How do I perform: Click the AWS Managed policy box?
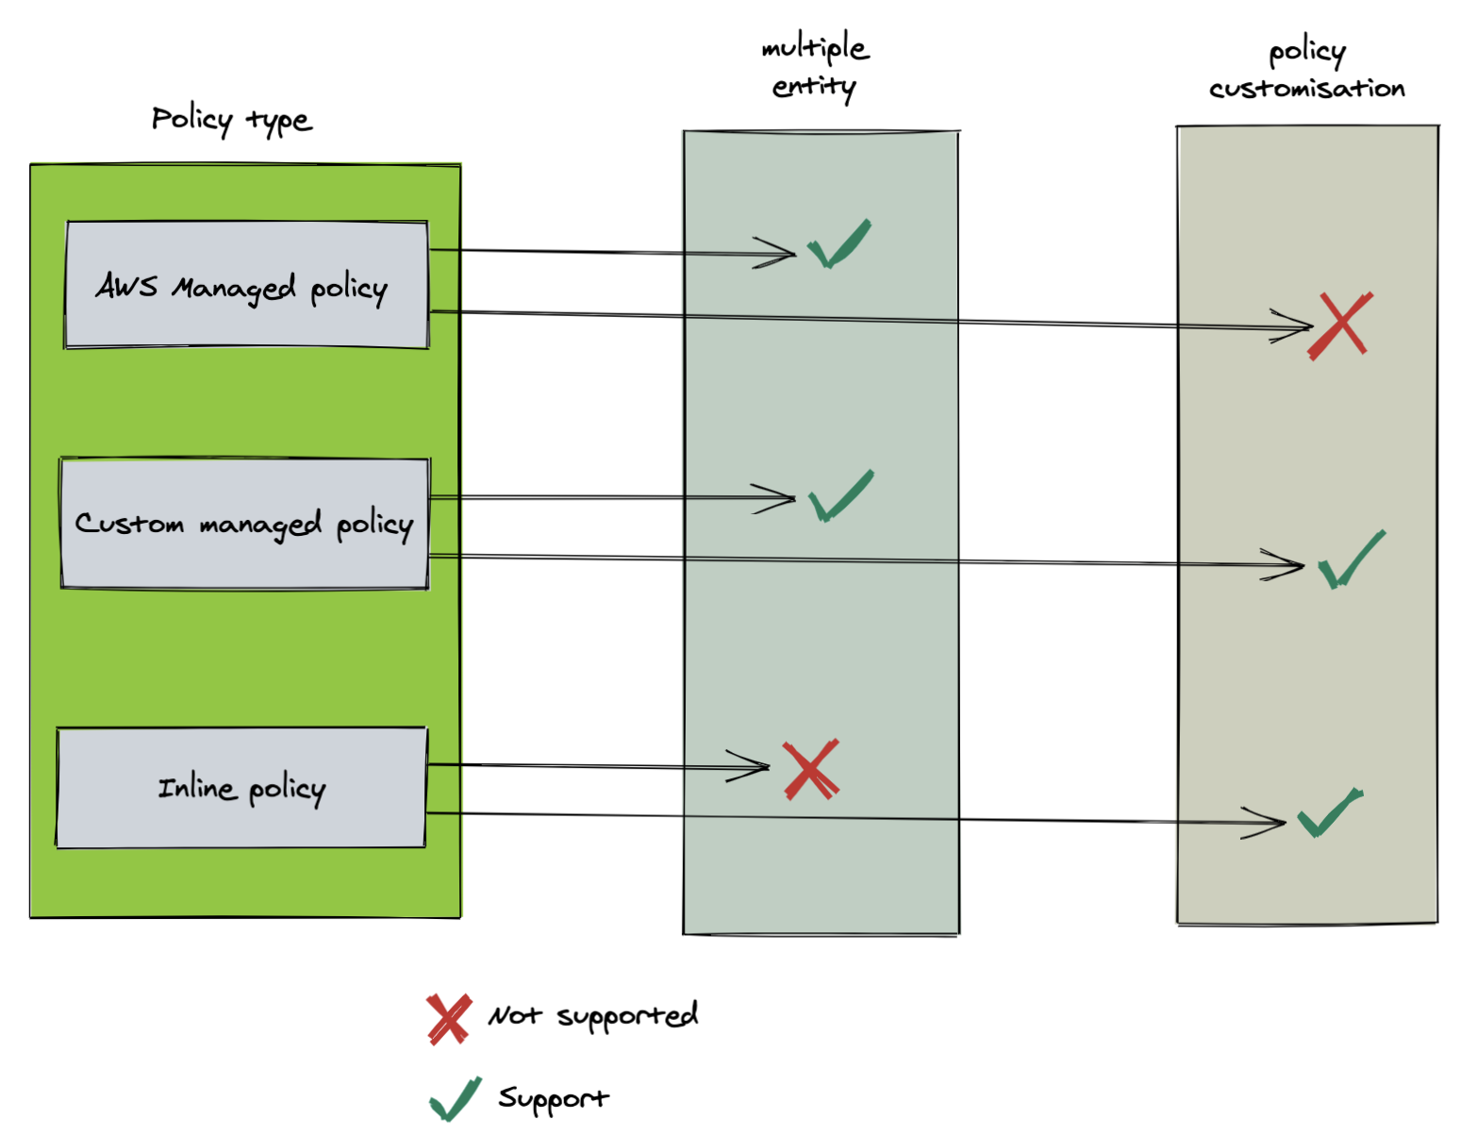point(246,285)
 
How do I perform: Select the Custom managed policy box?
point(244,524)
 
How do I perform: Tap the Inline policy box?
point(241,788)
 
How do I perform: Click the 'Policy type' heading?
point(231,120)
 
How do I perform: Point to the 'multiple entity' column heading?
point(815,66)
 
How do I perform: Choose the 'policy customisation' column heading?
point(1306,70)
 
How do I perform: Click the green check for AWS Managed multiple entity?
point(838,245)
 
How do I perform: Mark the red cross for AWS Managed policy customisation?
point(1339,326)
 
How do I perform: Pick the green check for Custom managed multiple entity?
point(841,495)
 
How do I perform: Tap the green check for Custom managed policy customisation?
point(1351,560)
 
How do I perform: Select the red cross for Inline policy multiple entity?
point(810,770)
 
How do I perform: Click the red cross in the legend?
point(447,1019)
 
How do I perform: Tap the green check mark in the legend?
point(455,1099)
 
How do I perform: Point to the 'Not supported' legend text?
point(592,1016)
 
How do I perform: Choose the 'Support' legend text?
point(553,1098)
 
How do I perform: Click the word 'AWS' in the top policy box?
point(126,285)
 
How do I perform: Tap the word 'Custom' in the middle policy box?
point(129,524)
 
